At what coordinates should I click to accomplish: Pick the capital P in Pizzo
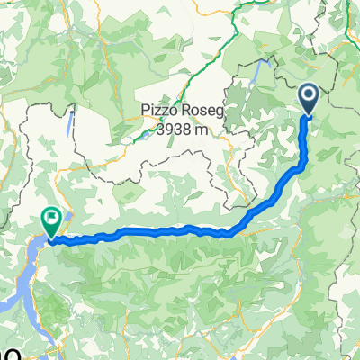point(145,111)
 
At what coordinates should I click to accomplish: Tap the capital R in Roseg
point(185,111)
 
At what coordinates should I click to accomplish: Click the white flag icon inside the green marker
point(51,216)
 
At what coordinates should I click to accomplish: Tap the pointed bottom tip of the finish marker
point(51,238)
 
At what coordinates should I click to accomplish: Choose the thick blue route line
point(162,233)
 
